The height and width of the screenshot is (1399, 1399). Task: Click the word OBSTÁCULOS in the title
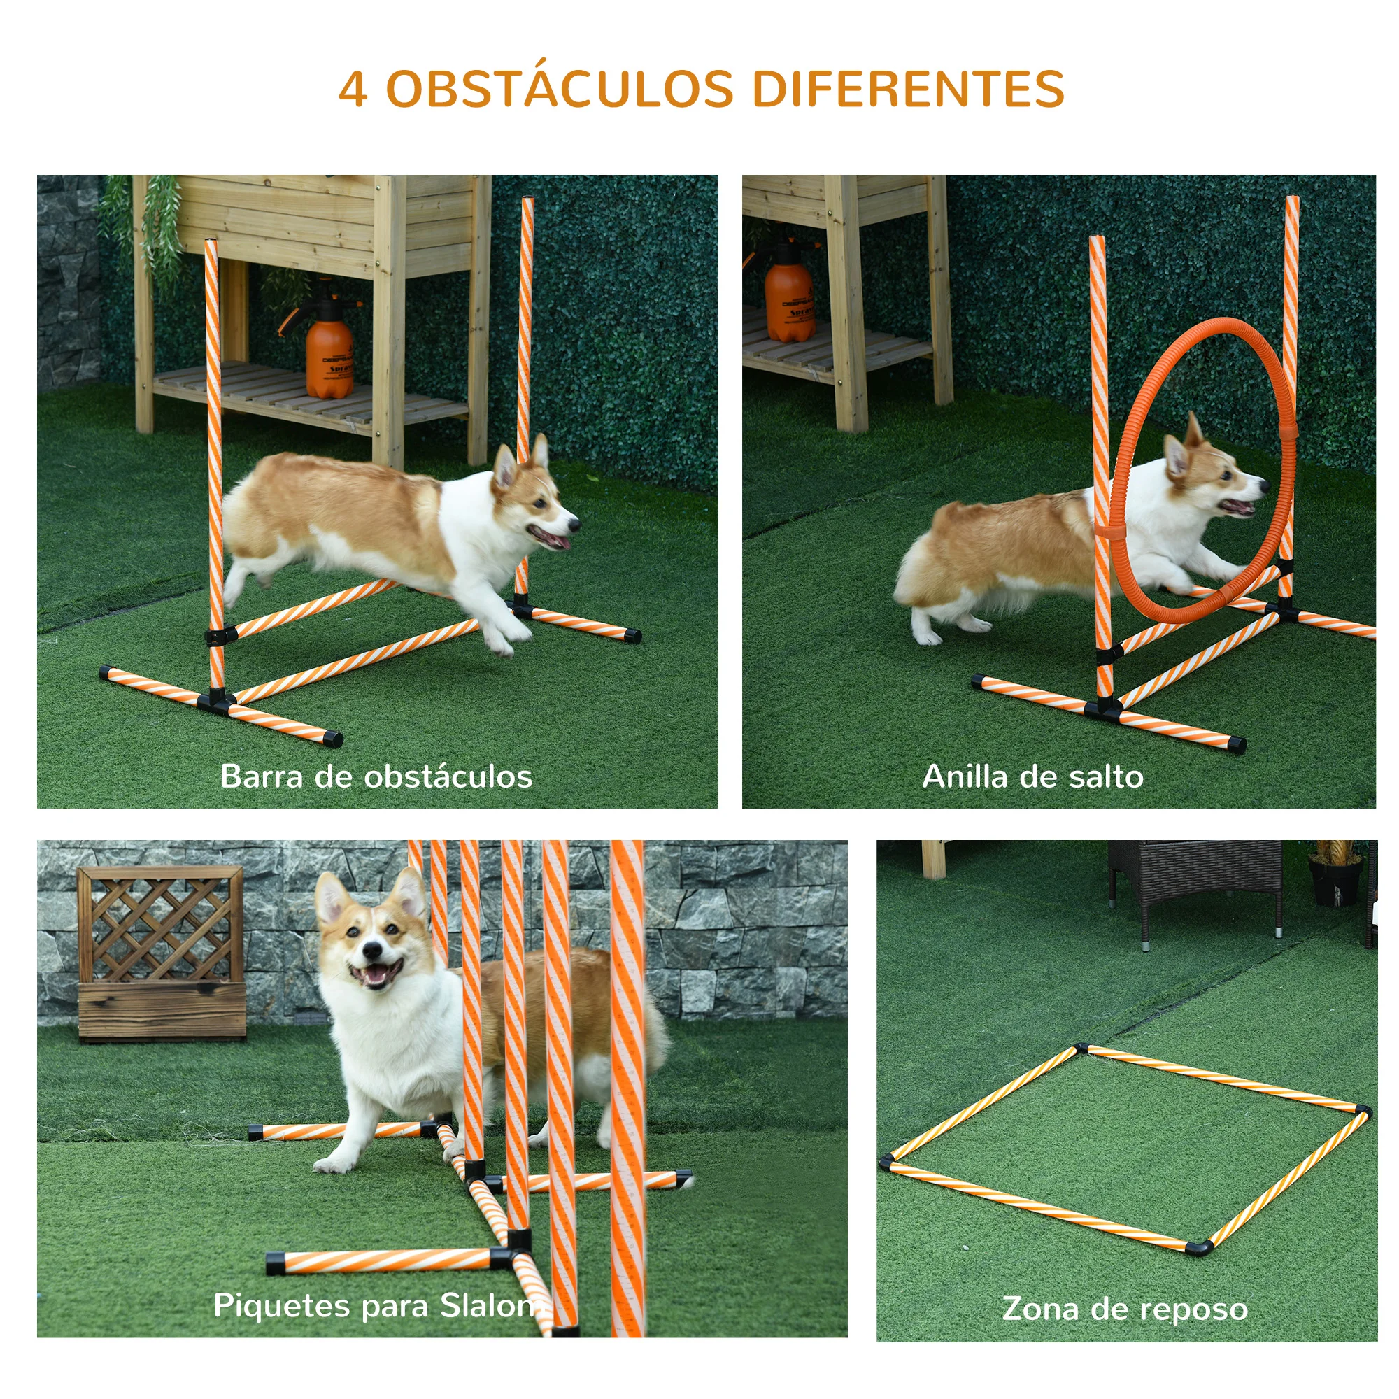[560, 90]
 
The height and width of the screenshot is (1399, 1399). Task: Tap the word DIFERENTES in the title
[908, 90]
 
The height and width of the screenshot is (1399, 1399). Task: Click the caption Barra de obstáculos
[376, 777]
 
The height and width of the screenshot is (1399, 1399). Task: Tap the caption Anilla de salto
[1032, 777]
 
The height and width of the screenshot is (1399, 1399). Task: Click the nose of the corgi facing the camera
[373, 950]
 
